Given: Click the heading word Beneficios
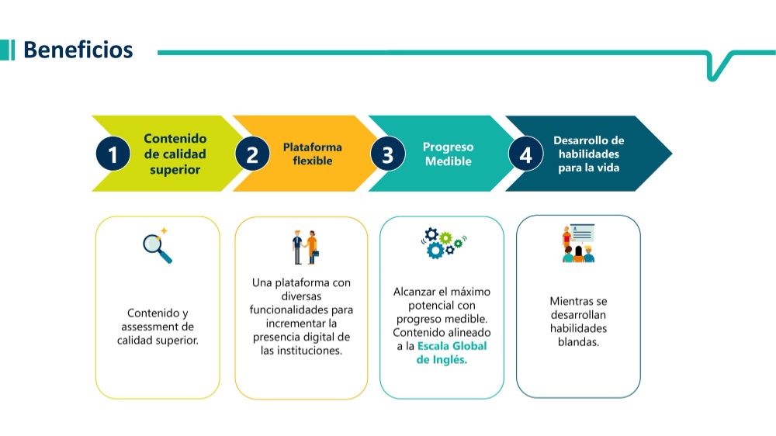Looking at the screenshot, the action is click(x=78, y=50).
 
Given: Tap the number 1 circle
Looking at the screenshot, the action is click(x=113, y=154).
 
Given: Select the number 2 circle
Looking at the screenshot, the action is click(x=252, y=154).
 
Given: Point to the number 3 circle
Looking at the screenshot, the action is click(x=388, y=154).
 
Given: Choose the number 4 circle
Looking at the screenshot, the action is click(x=525, y=154).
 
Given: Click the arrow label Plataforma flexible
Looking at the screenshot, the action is click(x=312, y=154).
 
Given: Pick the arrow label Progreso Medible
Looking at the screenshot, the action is click(x=448, y=154).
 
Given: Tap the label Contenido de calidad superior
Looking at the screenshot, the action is click(x=175, y=154).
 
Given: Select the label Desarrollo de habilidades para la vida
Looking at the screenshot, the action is click(x=588, y=154).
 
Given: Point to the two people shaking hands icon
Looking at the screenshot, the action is click(x=305, y=247).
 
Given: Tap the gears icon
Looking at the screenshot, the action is click(x=444, y=243).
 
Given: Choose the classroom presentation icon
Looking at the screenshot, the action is click(x=578, y=243).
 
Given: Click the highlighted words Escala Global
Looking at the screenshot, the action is click(x=452, y=346).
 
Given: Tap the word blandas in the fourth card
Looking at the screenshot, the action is click(x=578, y=342).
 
